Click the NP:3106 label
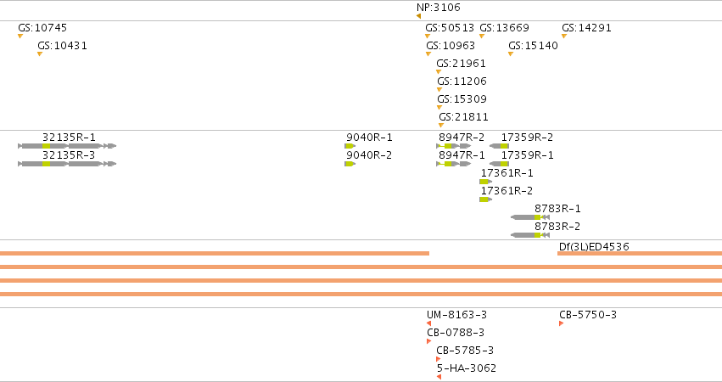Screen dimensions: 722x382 [438, 8]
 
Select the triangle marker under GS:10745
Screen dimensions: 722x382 [20, 36]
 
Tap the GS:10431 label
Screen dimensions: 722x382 [62, 46]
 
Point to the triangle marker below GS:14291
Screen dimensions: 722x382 [564, 36]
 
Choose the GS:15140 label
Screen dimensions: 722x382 [533, 46]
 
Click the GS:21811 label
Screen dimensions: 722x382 [463, 117]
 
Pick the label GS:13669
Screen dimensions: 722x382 [504, 28]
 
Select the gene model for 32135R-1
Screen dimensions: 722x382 [67, 146]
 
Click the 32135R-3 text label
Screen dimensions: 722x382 [69, 155]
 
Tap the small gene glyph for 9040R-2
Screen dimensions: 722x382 [350, 164]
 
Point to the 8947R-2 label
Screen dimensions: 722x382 [462, 138]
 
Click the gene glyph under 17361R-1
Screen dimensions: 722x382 [486, 182]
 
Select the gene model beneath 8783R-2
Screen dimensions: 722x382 [530, 235]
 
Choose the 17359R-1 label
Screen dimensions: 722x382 [527, 155]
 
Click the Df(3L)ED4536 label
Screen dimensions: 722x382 [594, 246]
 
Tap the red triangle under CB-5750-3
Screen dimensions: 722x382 [562, 323]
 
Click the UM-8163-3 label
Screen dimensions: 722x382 [456, 315]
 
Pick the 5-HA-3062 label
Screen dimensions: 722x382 [467, 368]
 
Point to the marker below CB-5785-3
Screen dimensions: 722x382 [439, 359]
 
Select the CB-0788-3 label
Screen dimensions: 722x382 [456, 333]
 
